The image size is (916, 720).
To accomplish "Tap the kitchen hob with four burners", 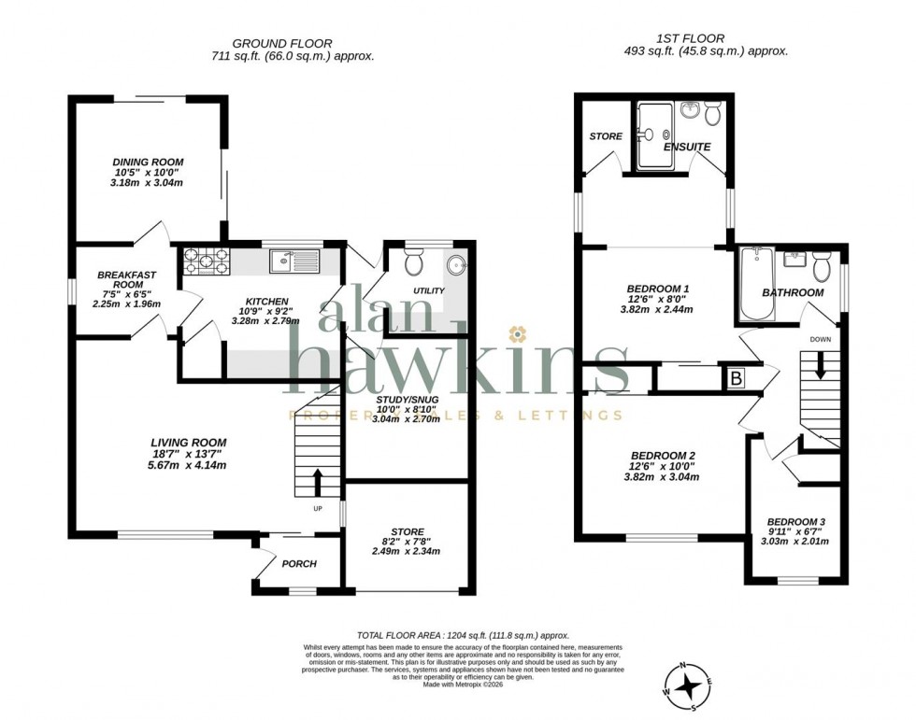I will coord(205,261).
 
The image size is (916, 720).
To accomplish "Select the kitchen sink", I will coord(295,261).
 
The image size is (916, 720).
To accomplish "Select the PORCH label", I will coord(299,563).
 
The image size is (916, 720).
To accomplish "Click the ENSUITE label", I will coord(687,148).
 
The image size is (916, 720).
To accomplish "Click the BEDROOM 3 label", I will coord(796,522).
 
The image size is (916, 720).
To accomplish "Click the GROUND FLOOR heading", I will coord(281,43).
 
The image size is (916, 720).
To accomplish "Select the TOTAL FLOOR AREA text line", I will coord(463,634).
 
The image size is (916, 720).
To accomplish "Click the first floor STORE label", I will coord(606,136).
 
